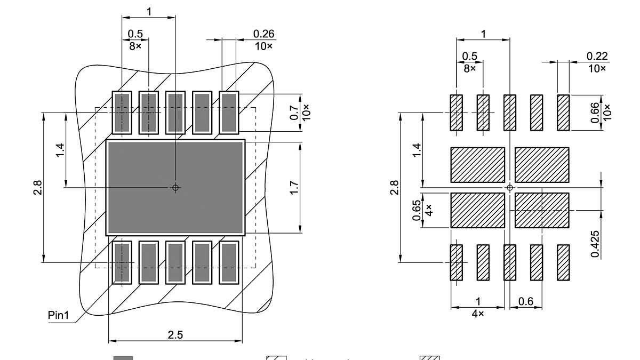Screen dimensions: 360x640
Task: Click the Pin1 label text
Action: coord(59,315)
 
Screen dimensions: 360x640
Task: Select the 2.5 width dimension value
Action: coord(175,335)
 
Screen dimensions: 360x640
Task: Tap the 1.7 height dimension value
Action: coord(294,188)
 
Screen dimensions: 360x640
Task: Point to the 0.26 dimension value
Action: coord(263,34)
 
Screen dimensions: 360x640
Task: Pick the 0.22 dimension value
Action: coord(597,56)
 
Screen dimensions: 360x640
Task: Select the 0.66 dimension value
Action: coord(596,113)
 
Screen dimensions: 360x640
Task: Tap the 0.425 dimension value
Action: coord(595,244)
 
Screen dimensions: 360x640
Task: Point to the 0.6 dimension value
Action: coord(526,302)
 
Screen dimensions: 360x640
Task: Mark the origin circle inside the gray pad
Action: coord(175,188)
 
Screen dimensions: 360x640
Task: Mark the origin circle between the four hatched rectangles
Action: coord(510,188)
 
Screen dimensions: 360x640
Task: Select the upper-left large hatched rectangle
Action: coord(478,165)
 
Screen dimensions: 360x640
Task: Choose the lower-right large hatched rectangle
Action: coord(542,210)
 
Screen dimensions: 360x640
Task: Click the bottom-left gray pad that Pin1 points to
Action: coord(122,262)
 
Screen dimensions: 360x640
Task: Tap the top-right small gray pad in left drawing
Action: coord(229,113)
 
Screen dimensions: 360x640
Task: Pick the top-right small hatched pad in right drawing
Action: coord(563,113)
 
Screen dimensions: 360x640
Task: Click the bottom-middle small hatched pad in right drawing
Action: coord(510,262)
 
